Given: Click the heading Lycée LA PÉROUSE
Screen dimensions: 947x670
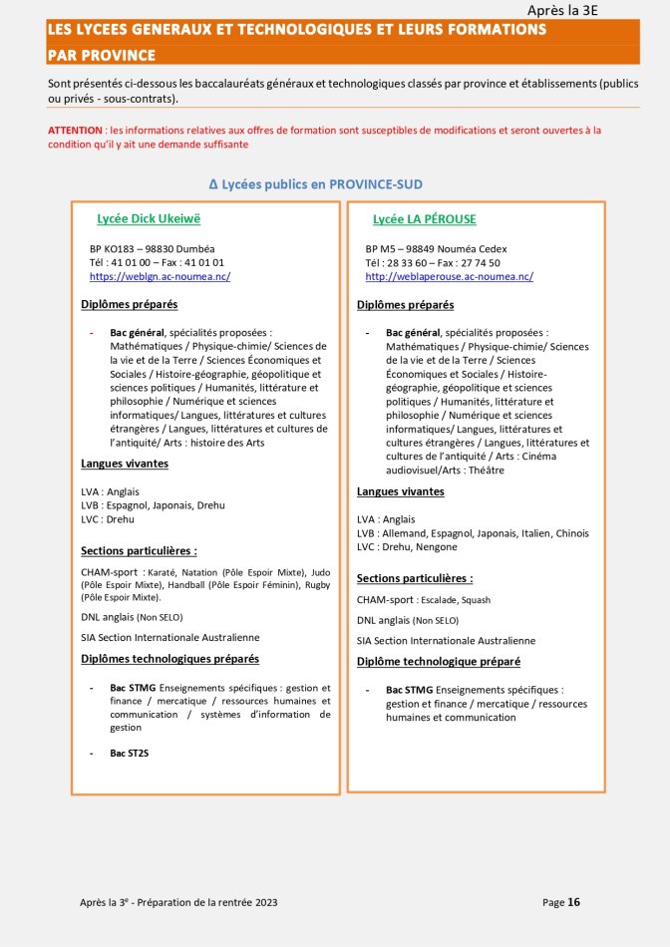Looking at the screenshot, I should click(x=424, y=218).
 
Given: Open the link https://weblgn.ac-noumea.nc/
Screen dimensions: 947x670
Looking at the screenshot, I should click(x=160, y=276).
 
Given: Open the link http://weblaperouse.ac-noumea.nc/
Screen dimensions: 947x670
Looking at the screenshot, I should click(x=449, y=276).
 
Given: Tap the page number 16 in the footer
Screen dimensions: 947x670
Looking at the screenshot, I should click(x=573, y=902).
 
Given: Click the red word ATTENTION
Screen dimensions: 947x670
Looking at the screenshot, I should click(x=75, y=131).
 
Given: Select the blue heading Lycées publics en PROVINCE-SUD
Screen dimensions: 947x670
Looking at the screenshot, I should click(x=316, y=184).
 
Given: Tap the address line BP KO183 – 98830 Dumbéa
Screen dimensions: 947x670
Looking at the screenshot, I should click(x=152, y=248).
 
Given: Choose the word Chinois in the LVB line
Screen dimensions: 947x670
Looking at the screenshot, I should click(x=572, y=532).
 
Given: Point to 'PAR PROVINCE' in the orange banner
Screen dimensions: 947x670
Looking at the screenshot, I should click(x=101, y=54).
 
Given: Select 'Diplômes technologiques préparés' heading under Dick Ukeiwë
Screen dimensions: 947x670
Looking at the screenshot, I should click(x=169, y=659).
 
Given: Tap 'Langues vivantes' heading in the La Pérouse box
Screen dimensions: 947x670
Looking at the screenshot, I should click(x=401, y=491).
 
